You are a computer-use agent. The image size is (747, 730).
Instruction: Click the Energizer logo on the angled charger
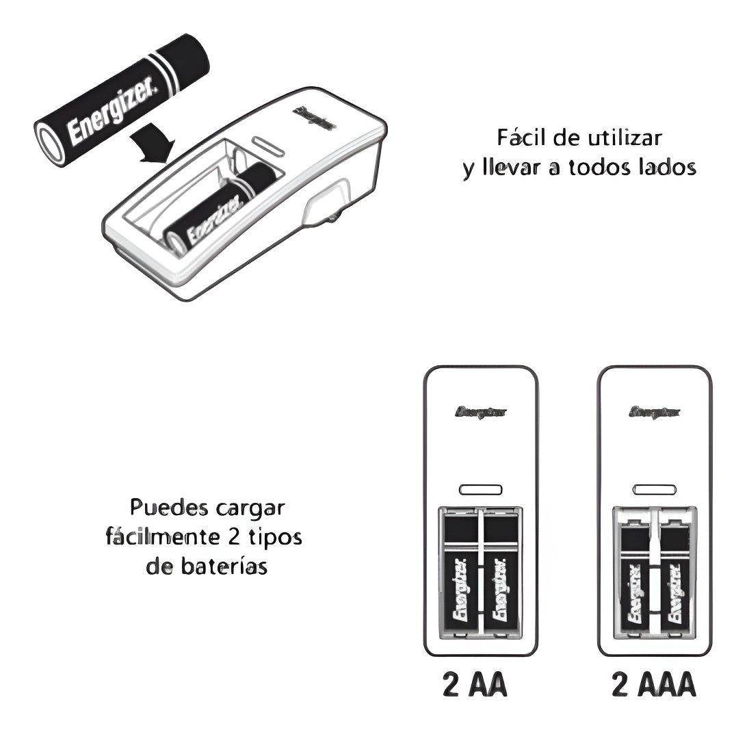point(314,118)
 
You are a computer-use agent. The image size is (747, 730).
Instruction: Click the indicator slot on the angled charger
point(268,146)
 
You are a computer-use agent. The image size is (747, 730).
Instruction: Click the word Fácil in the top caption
point(521,138)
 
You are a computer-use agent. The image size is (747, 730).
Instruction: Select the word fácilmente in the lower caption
point(162,537)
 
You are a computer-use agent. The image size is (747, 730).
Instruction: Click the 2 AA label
point(475,686)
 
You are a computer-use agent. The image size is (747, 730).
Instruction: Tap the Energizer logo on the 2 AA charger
point(480,413)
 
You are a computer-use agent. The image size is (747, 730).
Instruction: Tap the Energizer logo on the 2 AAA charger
point(654,413)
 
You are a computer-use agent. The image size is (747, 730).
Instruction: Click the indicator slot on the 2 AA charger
point(480,490)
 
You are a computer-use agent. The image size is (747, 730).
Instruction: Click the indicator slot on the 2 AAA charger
point(654,490)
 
